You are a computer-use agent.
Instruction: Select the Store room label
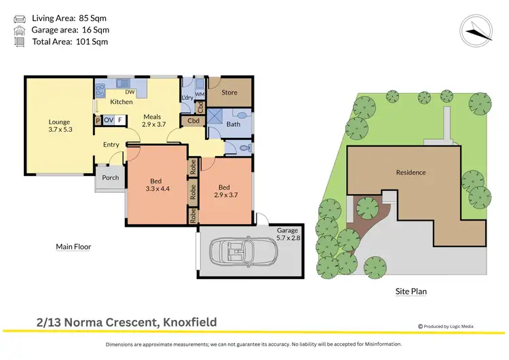point(229,92)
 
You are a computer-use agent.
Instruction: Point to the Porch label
point(110,178)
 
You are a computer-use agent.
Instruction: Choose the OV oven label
point(109,120)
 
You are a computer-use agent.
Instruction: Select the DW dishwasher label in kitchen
point(130,92)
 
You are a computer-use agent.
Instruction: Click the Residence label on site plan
point(411,173)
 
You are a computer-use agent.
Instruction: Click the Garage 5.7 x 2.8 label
point(288,234)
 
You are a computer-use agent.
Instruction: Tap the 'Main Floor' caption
point(73,247)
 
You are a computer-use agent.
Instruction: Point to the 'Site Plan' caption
point(411,291)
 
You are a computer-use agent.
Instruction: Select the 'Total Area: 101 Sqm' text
point(70,42)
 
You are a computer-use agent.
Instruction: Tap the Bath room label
point(233,124)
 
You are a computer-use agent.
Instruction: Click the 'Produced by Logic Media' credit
point(445,327)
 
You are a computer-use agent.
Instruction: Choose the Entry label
point(111,145)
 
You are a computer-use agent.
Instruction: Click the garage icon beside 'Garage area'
point(20,30)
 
